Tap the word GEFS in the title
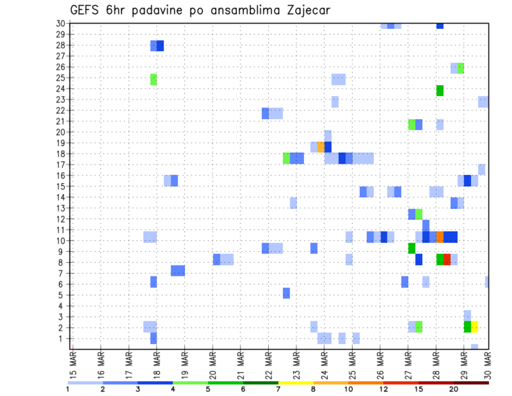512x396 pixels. pos(86,10)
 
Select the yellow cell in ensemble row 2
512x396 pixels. pos(475,327)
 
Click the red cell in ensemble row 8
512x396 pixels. pos(447,259)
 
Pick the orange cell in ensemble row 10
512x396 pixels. pos(440,236)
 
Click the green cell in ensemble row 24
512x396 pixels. pos(440,91)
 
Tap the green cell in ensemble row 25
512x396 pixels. pos(154,79)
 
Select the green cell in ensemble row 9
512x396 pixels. pos(412,248)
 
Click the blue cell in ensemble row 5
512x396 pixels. pos(286,293)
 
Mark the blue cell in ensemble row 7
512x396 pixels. pos(178,271)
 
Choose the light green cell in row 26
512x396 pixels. pos(461,68)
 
